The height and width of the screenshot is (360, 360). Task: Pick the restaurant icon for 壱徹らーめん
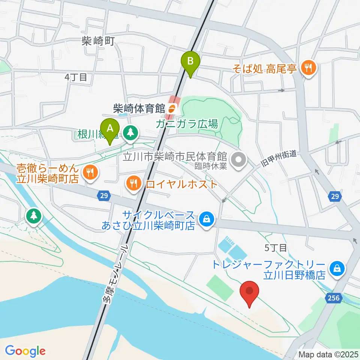(90, 172)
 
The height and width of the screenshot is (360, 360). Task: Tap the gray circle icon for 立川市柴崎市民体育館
(238, 160)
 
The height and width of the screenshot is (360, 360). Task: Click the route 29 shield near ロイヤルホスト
(105, 195)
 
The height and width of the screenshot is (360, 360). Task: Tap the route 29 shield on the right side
(336, 196)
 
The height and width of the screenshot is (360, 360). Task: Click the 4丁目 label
(76, 77)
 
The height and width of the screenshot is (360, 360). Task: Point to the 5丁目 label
(276, 247)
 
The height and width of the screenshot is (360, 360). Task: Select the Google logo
(25, 351)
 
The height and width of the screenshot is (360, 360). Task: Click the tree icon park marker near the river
(34, 216)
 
